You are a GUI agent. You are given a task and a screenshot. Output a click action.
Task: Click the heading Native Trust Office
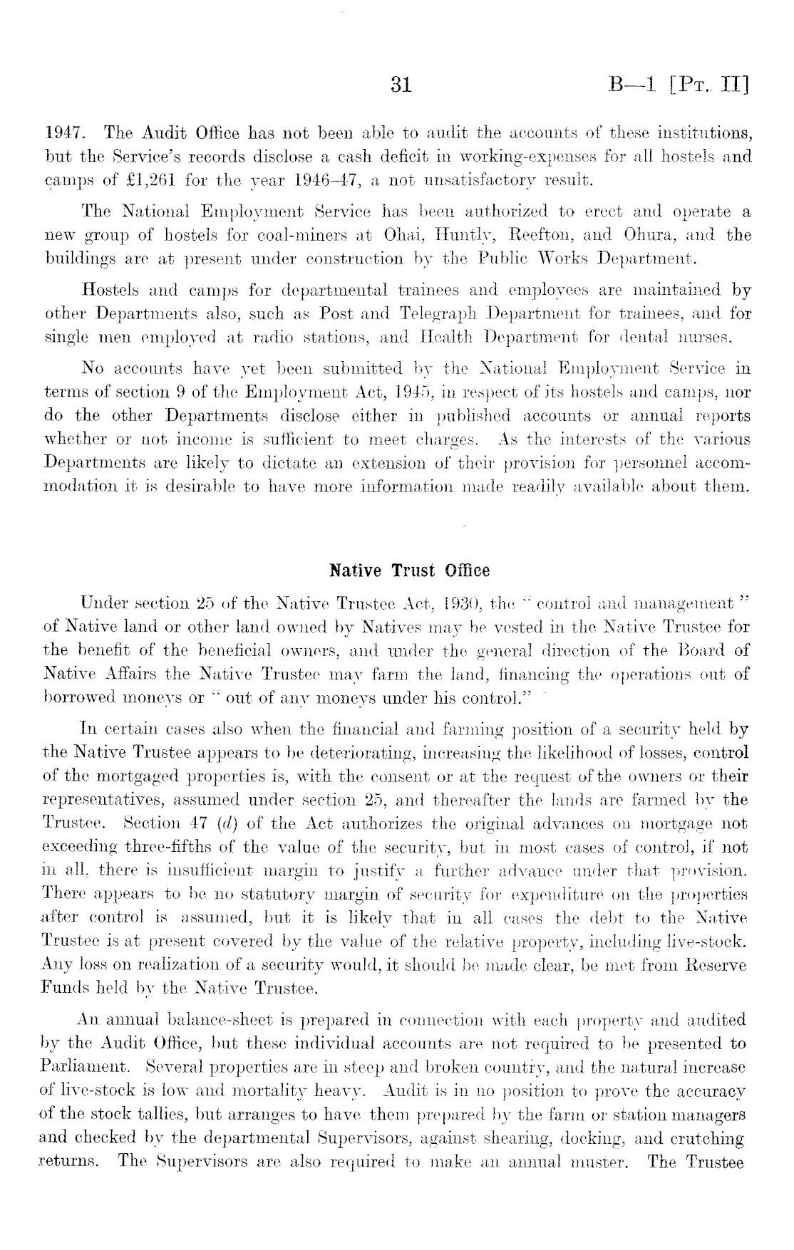pyautogui.click(x=409, y=571)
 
